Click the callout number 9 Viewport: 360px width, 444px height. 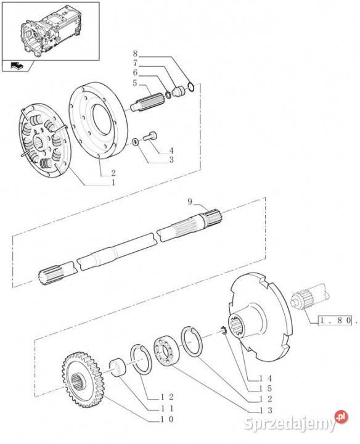(x=191, y=202)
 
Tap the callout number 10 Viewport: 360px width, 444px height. (x=167, y=419)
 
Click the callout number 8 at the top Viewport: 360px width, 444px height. (x=136, y=54)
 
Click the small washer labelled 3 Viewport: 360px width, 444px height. (x=134, y=143)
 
